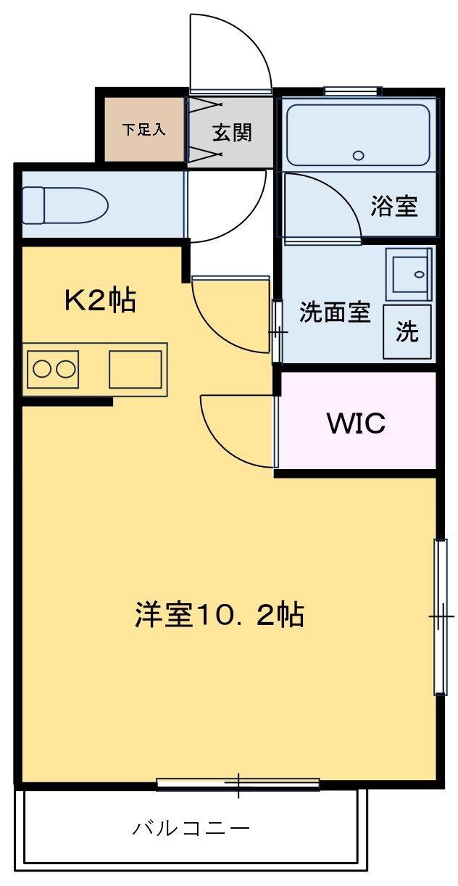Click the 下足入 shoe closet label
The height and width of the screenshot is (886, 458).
click(143, 129)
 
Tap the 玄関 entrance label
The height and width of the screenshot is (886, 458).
click(232, 132)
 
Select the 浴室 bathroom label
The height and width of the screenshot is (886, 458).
click(394, 206)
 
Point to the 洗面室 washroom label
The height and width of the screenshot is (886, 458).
click(334, 312)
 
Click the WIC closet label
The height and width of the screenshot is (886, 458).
click(356, 423)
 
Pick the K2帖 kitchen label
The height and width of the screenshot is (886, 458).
click(100, 300)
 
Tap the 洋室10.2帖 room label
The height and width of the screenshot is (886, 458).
click(220, 615)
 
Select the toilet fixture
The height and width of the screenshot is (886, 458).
click(65, 205)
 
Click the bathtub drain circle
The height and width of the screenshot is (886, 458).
click(358, 155)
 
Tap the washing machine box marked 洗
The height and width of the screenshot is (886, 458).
click(407, 331)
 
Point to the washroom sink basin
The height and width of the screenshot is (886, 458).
click(409, 275)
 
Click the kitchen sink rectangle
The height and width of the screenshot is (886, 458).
click(136, 369)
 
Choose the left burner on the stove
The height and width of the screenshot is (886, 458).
click(41, 369)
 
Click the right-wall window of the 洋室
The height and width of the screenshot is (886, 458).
click(441, 616)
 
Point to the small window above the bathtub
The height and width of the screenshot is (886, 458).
click(353, 91)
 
